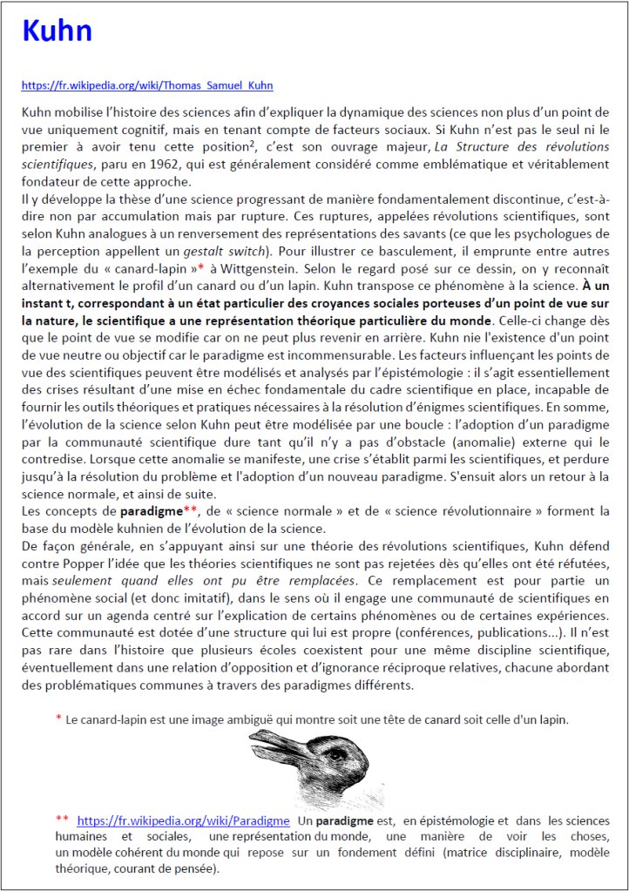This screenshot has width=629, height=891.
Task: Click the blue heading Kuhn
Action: (x=57, y=31)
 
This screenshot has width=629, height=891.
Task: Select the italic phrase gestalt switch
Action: (x=257, y=239)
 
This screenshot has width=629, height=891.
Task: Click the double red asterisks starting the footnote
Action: (x=61, y=820)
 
